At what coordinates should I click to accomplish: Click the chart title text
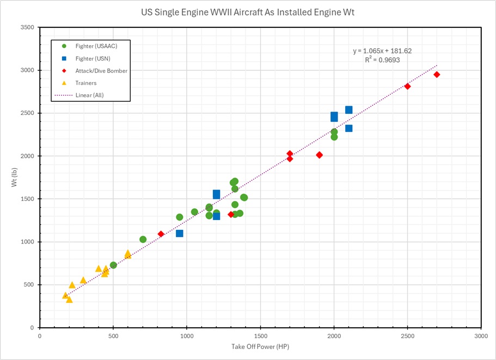click(248, 12)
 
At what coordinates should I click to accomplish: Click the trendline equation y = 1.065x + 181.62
click(382, 51)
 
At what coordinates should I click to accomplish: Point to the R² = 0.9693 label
click(382, 60)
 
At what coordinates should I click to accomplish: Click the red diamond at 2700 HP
click(437, 75)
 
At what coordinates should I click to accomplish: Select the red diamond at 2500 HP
click(407, 87)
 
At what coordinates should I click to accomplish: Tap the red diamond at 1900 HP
click(319, 155)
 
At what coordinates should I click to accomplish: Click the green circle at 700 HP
click(143, 239)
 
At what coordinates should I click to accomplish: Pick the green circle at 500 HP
click(113, 265)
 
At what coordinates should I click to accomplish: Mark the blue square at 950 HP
click(180, 233)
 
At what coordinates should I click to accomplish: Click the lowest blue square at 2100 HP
click(348, 129)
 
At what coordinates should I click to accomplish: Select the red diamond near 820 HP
click(161, 234)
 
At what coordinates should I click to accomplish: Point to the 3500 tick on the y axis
click(27, 28)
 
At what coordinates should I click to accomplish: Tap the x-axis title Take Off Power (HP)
click(260, 347)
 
